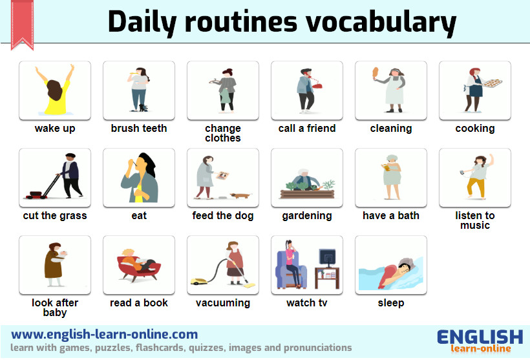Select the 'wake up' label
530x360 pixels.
[x=55, y=128]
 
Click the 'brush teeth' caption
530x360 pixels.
[x=139, y=128]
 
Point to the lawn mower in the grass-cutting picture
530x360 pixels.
[x=39, y=191]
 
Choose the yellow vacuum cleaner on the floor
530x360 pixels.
[x=200, y=281]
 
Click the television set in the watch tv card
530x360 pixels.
[x=326, y=258]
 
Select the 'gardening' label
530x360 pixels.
[x=307, y=215]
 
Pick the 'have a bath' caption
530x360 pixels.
[x=391, y=215]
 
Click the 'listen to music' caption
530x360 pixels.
[x=475, y=220]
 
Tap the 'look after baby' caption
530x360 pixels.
[x=55, y=307]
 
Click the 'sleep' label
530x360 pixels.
[x=391, y=302]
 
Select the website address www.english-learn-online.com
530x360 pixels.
[x=105, y=334]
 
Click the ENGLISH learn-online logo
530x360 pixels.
[x=480, y=341]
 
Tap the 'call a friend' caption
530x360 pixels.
[x=307, y=128]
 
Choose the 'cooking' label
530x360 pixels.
[x=475, y=128]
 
